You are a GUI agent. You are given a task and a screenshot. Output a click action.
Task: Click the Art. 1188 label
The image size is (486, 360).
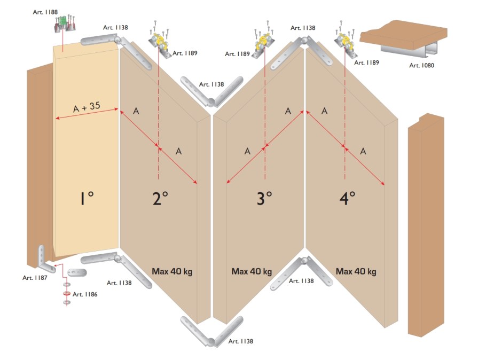pyautogui.click(x=45, y=12)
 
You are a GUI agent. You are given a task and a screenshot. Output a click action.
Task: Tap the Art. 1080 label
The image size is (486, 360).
pyautogui.click(x=421, y=65)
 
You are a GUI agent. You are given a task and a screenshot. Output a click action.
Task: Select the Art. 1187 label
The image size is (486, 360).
pyautogui.click(x=35, y=278)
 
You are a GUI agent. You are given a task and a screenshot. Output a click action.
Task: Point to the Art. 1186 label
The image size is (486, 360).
pyautogui.click(x=85, y=294)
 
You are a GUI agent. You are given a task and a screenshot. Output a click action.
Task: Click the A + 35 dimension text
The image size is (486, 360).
pyautogui.click(x=87, y=107)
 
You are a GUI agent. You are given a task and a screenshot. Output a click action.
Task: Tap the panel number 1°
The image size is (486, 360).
pyautogui.click(x=87, y=199)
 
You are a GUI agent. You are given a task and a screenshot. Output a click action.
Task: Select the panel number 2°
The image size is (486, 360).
pyautogui.click(x=160, y=199)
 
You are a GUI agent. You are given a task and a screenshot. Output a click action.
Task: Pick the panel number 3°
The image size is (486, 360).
pyautogui.click(x=264, y=199)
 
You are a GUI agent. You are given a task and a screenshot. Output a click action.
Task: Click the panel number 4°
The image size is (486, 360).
pyautogui.click(x=348, y=199)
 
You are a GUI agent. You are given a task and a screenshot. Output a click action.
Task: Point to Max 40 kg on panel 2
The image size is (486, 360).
pyautogui.click(x=172, y=272)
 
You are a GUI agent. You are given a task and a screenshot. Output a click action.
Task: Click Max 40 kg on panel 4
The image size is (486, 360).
pyautogui.click(x=356, y=272)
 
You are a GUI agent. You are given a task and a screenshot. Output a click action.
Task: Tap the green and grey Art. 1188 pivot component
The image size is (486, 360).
pyautogui.click(x=65, y=24)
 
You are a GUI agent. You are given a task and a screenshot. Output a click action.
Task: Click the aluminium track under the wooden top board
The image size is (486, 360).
pyautogui.click(x=409, y=50)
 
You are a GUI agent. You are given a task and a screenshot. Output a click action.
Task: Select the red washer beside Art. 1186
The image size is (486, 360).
pyautogui.click(x=66, y=293)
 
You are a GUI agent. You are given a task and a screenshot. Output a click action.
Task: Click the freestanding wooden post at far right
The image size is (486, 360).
pyautogui.click(x=426, y=225)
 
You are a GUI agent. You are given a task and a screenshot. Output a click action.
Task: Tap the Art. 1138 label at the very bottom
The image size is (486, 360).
pyautogui.click(x=240, y=341)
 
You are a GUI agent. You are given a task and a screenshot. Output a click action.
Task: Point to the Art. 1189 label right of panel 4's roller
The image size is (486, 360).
pyautogui.click(x=366, y=62)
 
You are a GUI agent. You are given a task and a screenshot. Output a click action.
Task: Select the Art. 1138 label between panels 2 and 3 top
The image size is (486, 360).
pyautogui.click(x=211, y=84)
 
